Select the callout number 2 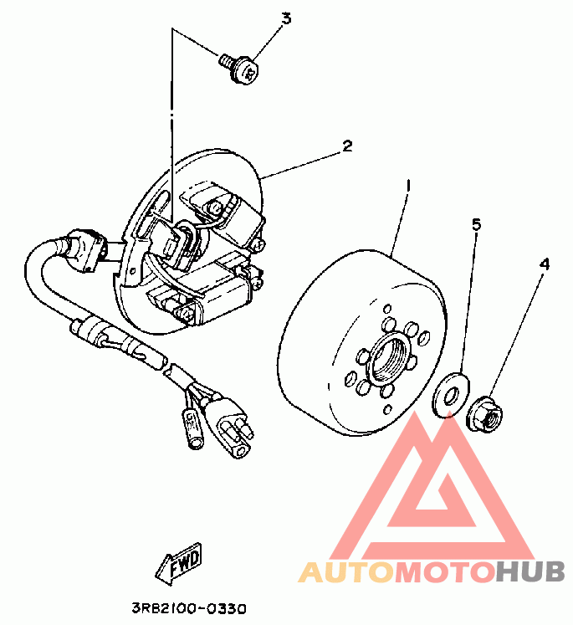click(x=346, y=146)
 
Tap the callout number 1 click(x=407, y=185)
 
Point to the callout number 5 click(x=476, y=224)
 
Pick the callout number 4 click(x=545, y=264)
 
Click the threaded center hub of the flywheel click(x=390, y=356)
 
